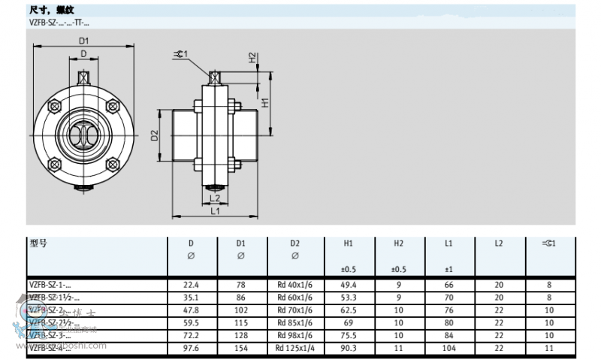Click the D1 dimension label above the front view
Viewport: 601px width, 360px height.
coord(83,41)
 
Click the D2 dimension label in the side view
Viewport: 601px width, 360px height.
coord(154,135)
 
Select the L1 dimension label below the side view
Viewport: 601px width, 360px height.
coord(216,211)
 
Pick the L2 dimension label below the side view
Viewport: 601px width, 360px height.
coord(215,198)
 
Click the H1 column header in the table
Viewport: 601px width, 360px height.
coord(349,244)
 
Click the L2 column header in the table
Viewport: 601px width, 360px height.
coord(499,244)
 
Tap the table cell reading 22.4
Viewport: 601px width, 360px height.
coord(191,285)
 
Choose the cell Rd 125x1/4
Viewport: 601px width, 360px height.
coord(294,347)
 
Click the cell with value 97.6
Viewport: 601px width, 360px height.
coord(191,347)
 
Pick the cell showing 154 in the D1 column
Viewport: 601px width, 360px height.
coord(241,347)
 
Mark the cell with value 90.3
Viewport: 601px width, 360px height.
coord(349,347)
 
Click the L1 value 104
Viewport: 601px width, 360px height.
coord(448,347)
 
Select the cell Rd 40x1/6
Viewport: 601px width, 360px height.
coord(294,285)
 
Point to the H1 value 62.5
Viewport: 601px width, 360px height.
coord(349,310)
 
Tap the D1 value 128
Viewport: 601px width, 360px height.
coord(241,334)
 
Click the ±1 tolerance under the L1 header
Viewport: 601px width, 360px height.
coord(448,269)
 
